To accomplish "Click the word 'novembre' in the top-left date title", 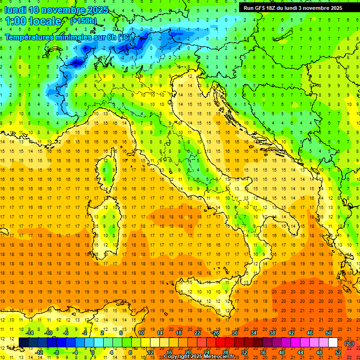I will coord(66,10).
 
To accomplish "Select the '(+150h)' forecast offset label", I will coord(83,21).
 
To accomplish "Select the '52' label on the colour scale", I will coord(337,352).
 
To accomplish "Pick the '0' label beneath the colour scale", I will coord(93,352).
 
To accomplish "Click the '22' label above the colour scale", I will coord(197,333).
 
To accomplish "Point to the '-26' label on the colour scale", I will coord(215,333).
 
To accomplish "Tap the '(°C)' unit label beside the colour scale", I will coord(349,343).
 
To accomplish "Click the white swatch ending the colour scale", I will coord(333,343).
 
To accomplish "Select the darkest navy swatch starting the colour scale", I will coord(23,343).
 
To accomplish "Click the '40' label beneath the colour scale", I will coord(281,352).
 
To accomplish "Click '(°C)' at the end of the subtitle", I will coord(124,37).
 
